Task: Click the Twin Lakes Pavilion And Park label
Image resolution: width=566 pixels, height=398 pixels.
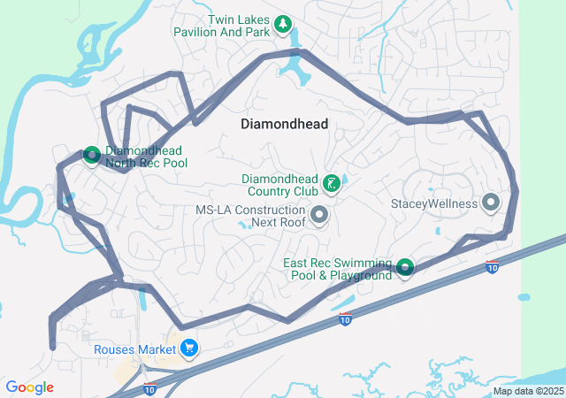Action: [x=238, y=26]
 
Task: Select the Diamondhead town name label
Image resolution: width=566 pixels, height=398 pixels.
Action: [x=284, y=125]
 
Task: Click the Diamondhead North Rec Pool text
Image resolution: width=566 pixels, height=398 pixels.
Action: [x=146, y=157]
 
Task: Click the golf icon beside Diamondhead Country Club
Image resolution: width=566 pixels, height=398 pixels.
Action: [x=331, y=185]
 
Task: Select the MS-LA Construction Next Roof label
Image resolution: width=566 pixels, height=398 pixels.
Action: [x=250, y=216]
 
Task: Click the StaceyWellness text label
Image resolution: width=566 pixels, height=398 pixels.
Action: [x=433, y=203]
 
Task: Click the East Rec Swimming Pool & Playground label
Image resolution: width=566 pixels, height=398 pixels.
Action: [x=337, y=269]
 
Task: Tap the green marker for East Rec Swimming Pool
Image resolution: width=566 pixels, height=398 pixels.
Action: [x=405, y=266]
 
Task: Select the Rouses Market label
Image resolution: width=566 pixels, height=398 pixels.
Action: [x=134, y=349]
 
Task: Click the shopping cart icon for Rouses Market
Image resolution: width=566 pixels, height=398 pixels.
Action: [x=189, y=348]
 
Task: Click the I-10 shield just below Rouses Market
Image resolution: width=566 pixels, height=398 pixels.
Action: [x=149, y=387]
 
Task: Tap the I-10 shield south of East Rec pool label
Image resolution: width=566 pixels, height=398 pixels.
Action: [x=345, y=319]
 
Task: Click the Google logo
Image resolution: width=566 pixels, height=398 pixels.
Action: [x=29, y=387]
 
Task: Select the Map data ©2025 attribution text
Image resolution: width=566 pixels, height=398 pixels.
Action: [x=528, y=391]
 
